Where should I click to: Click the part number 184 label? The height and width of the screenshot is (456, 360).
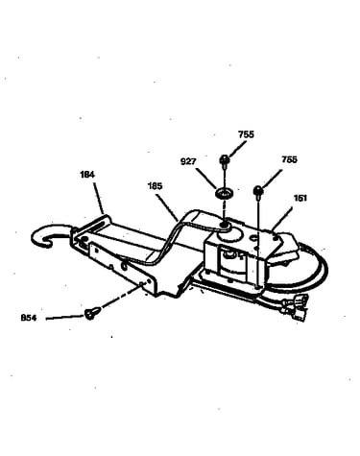click(x=87, y=175)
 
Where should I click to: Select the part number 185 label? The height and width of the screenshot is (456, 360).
click(x=155, y=186)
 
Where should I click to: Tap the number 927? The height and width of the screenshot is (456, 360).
click(x=188, y=161)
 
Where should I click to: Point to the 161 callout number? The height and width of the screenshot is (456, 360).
click(x=300, y=198)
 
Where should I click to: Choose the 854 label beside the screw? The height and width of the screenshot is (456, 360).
click(x=29, y=318)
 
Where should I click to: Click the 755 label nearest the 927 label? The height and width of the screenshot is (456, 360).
click(x=246, y=134)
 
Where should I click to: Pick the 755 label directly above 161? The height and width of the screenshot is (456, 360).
click(x=289, y=159)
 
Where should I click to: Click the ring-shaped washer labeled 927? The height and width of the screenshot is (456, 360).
click(x=225, y=193)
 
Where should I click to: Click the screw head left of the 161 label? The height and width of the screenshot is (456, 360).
click(x=258, y=190)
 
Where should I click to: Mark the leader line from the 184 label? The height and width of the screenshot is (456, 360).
click(x=99, y=198)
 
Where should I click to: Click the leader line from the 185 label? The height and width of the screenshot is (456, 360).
click(x=168, y=205)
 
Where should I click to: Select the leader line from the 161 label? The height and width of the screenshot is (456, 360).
click(x=282, y=219)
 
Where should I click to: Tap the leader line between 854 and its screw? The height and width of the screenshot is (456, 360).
click(x=65, y=318)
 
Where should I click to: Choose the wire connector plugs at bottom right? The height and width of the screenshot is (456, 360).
click(x=295, y=308)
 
